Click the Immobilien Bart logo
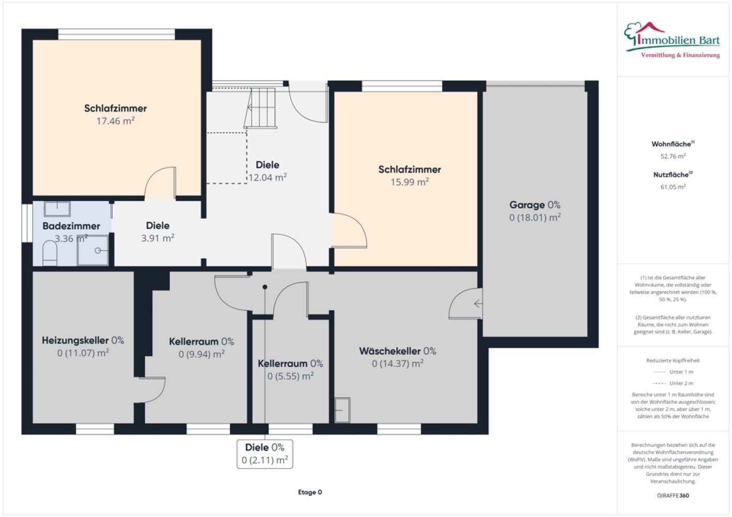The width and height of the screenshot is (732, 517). point(672,40)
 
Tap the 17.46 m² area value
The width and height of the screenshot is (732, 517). point(115,121)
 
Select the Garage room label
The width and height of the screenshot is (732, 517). point(535,205)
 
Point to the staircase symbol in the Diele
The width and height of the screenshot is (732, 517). point(260,108)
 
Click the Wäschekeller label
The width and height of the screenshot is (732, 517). point(398,351)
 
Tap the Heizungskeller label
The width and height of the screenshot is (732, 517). point(83,340)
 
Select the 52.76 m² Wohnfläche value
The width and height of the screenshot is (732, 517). point(673,156)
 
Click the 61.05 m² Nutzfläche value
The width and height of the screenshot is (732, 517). point(673,187)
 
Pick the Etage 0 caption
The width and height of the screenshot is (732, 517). point(310,492)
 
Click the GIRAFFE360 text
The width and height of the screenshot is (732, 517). point(673,495)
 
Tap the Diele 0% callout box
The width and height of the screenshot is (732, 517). point(265,454)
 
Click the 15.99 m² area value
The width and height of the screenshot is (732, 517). point(409,182)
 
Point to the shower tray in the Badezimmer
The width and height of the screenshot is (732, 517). point(93,250)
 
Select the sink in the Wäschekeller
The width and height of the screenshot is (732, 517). point(342,410)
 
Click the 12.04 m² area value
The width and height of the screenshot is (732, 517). point(268,177)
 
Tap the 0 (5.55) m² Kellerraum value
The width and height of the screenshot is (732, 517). point(290,376)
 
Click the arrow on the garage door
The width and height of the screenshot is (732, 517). point(478,304)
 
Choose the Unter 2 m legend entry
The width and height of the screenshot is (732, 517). point(673,383)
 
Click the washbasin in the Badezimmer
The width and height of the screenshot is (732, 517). point(57,209)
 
